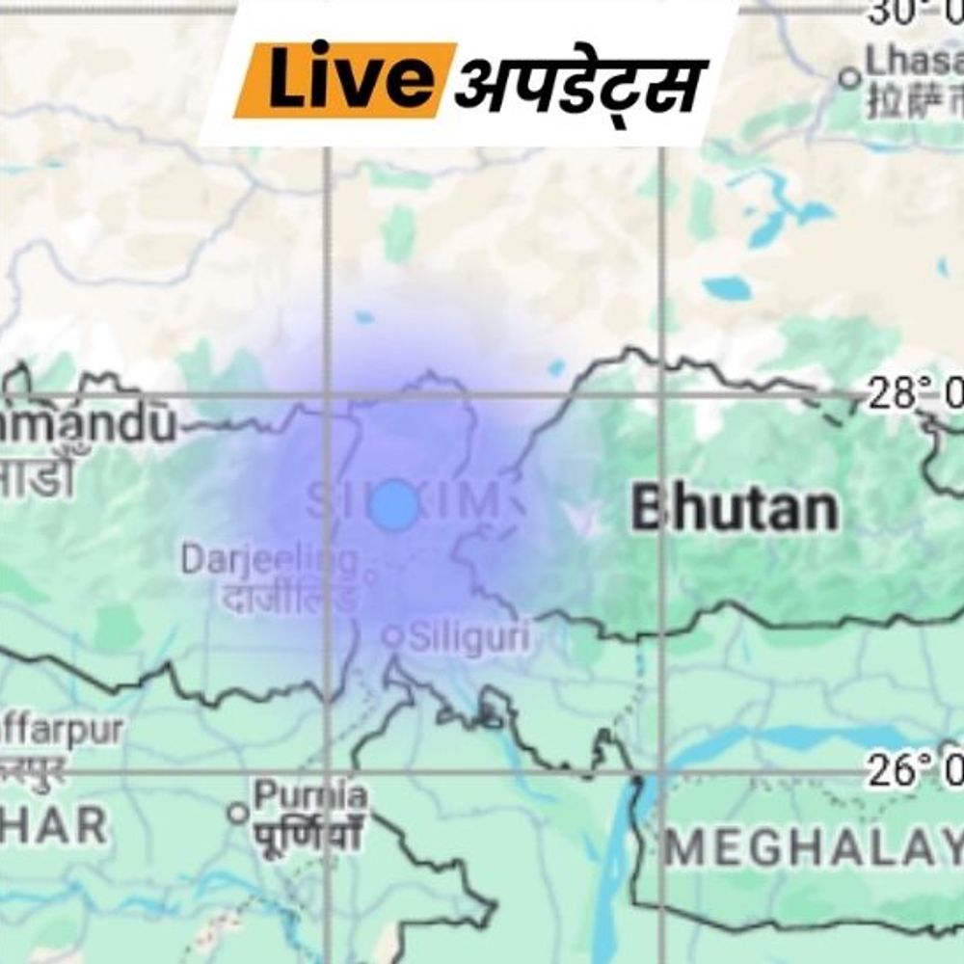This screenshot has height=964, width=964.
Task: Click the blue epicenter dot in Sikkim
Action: click(x=394, y=504)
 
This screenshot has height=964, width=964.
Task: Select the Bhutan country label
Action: click(x=734, y=509)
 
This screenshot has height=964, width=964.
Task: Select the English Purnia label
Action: click(x=309, y=796)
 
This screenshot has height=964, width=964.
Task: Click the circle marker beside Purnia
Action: click(x=238, y=813)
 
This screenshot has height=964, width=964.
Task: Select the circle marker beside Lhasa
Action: click(x=849, y=77)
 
